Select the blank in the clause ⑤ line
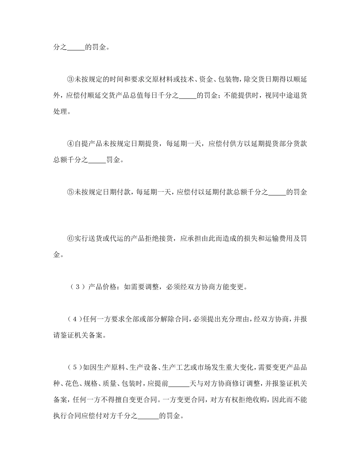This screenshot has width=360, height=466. click(277, 192)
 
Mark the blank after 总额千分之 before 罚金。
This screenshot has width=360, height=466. click(97, 160)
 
